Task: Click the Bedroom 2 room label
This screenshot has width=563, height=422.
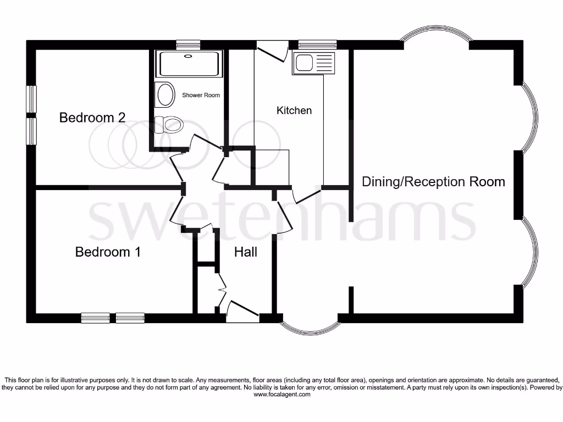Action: pos(92,117)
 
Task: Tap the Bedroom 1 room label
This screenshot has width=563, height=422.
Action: pos(108,252)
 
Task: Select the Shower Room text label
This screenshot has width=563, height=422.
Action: pos(201,95)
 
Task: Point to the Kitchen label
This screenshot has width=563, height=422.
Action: pos(294,110)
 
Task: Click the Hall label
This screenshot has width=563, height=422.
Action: pos(246,252)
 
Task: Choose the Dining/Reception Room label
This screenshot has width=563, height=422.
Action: pos(433,181)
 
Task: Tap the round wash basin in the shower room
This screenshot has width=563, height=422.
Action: pos(164,95)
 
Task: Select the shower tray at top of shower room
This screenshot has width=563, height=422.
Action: pos(189,63)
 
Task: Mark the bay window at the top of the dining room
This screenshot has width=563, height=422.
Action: pos(436,40)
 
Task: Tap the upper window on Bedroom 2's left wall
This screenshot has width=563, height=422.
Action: pos(32,99)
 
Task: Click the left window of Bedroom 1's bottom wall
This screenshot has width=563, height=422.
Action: pos(95,318)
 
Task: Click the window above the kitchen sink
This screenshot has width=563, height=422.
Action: pos(317,44)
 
